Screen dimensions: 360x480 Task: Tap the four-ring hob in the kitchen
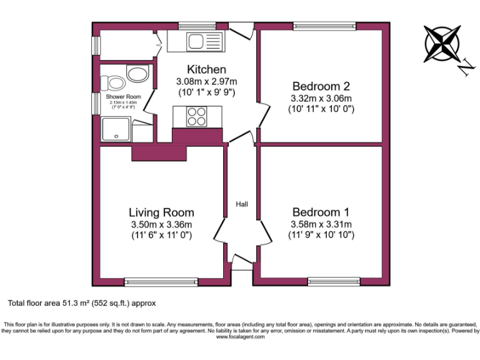click(x=197, y=117)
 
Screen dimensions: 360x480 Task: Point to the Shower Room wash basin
click(x=137, y=74)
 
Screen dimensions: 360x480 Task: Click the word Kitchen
click(x=206, y=69)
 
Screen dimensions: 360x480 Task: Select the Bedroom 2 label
click(x=321, y=86)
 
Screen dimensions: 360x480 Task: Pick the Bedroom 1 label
click(x=321, y=212)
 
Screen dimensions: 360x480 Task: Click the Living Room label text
click(x=161, y=212)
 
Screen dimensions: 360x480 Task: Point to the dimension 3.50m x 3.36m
click(x=161, y=224)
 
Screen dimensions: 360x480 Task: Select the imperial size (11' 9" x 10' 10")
click(x=321, y=235)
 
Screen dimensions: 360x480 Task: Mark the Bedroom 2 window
click(x=325, y=26)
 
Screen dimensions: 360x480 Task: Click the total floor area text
click(x=81, y=303)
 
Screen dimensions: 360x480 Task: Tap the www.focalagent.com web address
click(x=240, y=337)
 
